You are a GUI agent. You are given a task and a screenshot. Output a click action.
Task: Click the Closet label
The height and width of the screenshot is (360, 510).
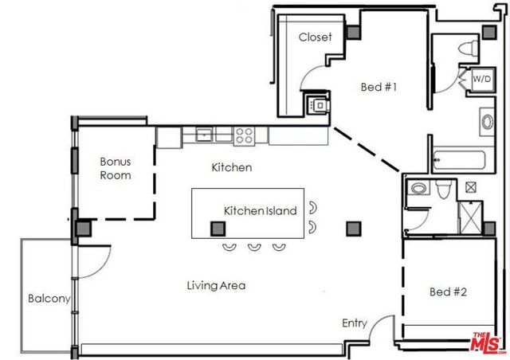(315, 37)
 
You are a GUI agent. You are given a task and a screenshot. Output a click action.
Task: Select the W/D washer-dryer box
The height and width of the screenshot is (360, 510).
(481, 80)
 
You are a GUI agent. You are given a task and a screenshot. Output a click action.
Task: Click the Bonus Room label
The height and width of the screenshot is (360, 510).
(115, 167)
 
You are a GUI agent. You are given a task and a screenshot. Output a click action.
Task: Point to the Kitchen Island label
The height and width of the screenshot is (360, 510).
(260, 211)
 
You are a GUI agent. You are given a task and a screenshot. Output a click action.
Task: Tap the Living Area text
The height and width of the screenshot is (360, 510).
(215, 285)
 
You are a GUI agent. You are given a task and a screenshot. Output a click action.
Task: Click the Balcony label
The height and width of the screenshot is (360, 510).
(49, 299)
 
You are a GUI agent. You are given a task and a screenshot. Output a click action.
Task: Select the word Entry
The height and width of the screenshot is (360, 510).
(355, 323)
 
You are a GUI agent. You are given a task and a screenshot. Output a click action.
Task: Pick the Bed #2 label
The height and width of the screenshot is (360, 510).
(447, 292)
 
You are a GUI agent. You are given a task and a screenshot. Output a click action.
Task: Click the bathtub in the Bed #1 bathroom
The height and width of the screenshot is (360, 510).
(465, 160)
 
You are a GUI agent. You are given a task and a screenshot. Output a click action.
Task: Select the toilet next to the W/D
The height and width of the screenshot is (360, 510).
(470, 47)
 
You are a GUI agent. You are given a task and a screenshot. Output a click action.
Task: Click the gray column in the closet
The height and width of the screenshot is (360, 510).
(352, 31)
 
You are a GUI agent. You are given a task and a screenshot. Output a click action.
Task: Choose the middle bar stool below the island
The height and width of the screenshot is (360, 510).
(254, 246)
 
